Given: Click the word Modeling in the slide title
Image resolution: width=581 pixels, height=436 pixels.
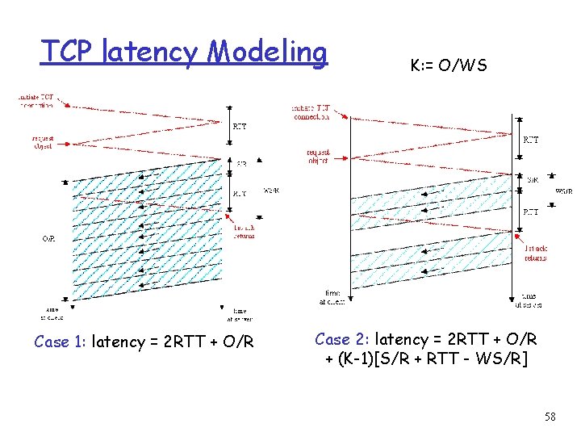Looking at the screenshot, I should pyautogui.click(x=268, y=52).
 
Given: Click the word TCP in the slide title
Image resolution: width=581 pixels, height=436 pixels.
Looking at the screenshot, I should pyautogui.click(x=70, y=52).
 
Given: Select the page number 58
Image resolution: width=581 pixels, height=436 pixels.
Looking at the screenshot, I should pyautogui.click(x=550, y=416).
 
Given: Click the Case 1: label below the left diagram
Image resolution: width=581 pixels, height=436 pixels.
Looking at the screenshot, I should pyautogui.click(x=61, y=342).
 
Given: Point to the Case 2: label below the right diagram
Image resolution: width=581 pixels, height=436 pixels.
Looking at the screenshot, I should pyautogui.click(x=342, y=339).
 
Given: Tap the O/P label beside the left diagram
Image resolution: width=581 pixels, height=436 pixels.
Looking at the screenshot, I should pyautogui.click(x=49, y=239).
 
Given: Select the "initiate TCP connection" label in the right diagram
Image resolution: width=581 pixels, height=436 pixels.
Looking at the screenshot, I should pyautogui.click(x=311, y=112).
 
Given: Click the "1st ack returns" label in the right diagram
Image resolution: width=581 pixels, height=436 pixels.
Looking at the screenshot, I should pyautogui.click(x=535, y=254).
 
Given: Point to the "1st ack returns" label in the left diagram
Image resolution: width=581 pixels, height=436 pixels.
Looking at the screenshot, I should pyautogui.click(x=244, y=233).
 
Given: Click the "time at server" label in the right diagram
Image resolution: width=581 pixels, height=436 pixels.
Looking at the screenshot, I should pyautogui.click(x=529, y=300).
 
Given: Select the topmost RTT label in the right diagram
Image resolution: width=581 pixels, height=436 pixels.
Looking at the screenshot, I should pyautogui.click(x=532, y=140).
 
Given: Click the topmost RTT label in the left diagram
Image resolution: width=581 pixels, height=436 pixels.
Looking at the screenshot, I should pyautogui.click(x=240, y=126).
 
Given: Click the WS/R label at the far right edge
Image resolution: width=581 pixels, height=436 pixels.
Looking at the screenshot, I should pyautogui.click(x=564, y=191).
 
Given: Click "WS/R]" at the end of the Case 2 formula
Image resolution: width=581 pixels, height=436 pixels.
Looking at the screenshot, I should pyautogui.click(x=506, y=358).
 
